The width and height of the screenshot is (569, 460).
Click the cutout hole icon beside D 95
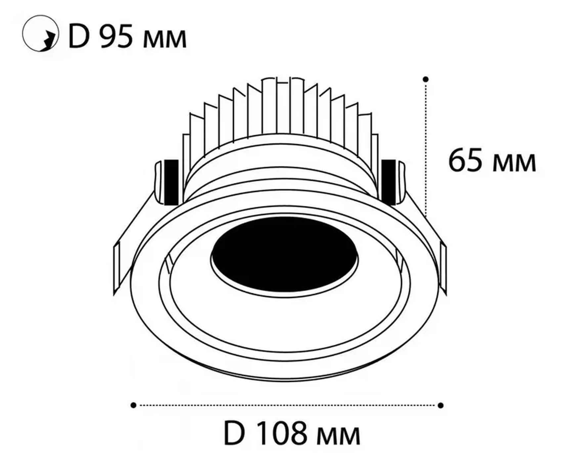40,33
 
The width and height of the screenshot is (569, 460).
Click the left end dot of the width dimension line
133,405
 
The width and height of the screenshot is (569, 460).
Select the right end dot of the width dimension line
440,405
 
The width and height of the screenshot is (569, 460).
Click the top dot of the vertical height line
426,79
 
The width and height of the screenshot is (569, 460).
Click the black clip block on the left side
171,181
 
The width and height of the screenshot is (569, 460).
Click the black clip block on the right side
389,181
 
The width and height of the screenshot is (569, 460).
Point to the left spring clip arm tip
116,268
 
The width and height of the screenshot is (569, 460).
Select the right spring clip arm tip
443,268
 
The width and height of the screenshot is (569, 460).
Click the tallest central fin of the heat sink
283,106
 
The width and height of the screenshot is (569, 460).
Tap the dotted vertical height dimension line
426,149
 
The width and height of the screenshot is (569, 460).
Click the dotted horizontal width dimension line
287,405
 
